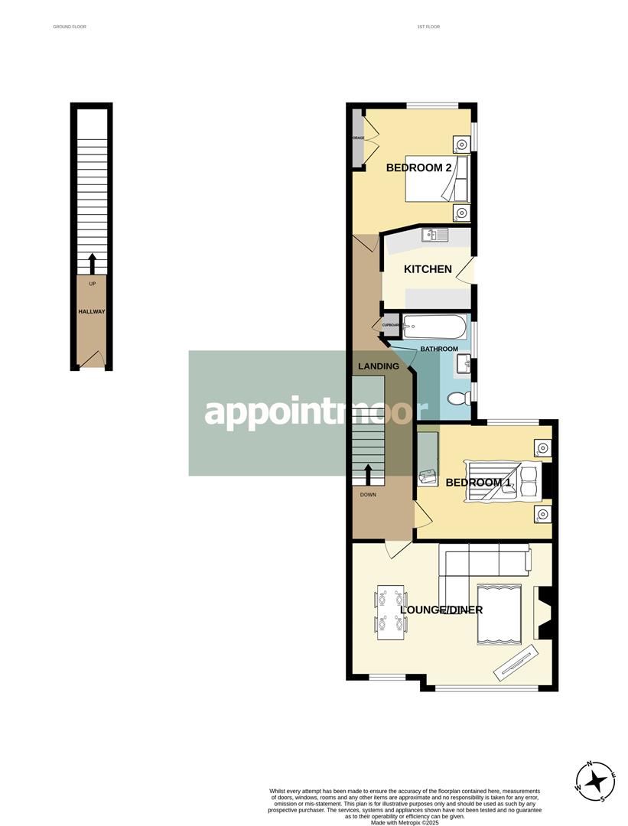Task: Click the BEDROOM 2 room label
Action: point(418,167)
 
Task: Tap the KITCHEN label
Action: point(428,269)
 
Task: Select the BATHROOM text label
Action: point(438,350)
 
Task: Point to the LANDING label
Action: point(379,366)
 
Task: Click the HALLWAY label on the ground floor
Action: point(92,311)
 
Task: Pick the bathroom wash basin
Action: point(463,366)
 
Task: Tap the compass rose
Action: point(593,781)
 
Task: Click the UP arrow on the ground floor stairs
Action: point(92,264)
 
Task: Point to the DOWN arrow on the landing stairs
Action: point(368,475)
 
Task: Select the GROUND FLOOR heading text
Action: point(70,27)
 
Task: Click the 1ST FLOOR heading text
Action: point(428,27)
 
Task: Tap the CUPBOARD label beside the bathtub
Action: point(391,326)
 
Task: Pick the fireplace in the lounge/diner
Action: point(545,613)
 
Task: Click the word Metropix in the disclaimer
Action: point(403,822)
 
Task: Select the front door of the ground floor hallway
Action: point(93,359)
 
